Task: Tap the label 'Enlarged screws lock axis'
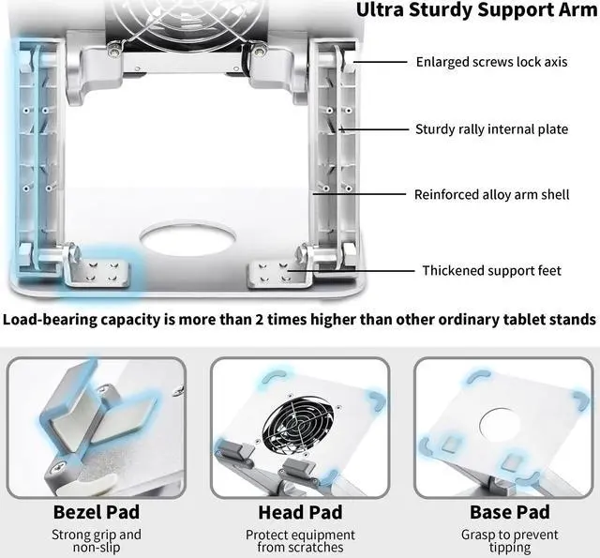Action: click(491, 63)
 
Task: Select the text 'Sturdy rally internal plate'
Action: click(491, 129)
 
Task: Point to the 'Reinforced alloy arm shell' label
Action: click(491, 195)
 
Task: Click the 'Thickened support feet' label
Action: click(491, 271)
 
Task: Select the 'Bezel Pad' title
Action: click(97, 512)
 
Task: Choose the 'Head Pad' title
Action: click(299, 512)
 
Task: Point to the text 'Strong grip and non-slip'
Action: click(97, 541)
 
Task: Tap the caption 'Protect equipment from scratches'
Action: click(299, 541)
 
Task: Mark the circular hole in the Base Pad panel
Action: click(505, 422)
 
